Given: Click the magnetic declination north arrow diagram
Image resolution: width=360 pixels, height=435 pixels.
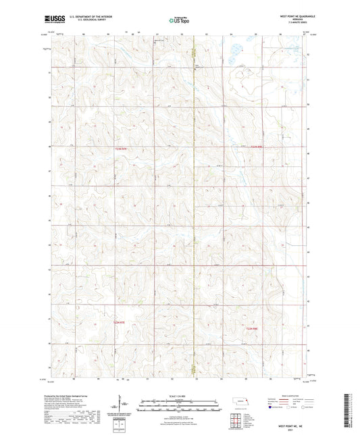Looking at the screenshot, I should [x=124, y=404].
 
